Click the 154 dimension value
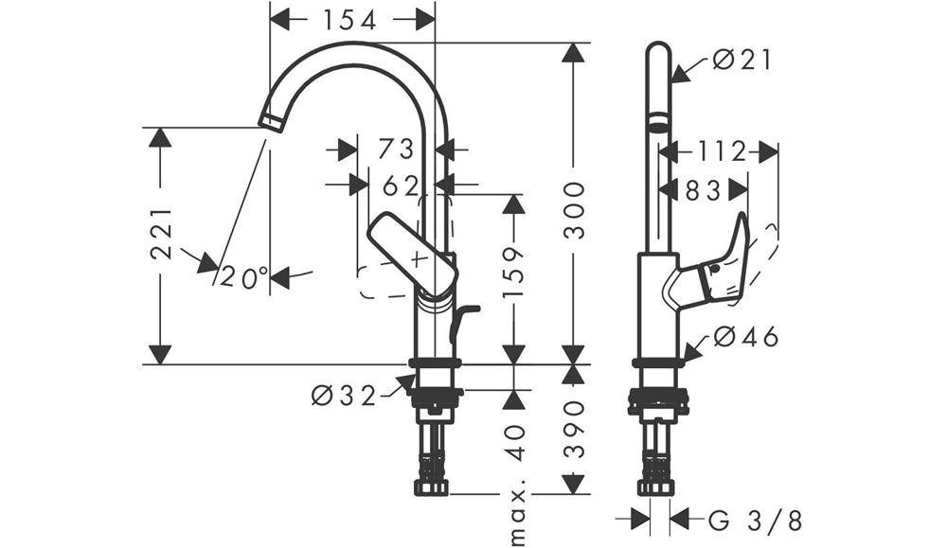point(351,19)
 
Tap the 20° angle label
point(244,277)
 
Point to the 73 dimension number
point(397,149)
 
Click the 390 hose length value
point(574,431)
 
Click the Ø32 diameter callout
point(344,396)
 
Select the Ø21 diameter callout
point(742,61)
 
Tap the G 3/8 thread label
point(755,520)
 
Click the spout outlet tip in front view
point(272,120)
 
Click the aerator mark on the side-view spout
point(657,124)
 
